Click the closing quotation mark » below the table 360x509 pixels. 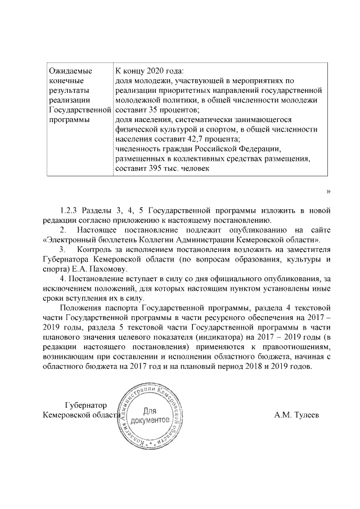328,192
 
